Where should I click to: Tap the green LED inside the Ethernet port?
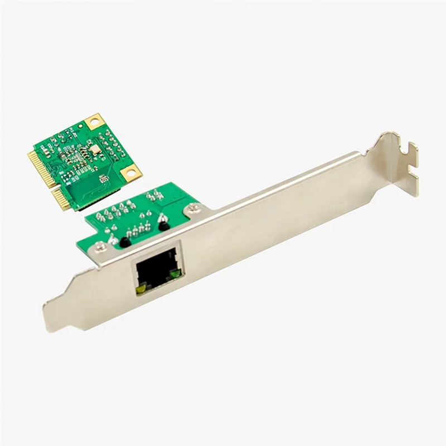176,273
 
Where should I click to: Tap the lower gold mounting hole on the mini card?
130,173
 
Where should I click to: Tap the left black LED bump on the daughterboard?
125,242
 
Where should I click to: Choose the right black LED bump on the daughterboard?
163,225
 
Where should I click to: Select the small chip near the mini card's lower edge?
104,178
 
